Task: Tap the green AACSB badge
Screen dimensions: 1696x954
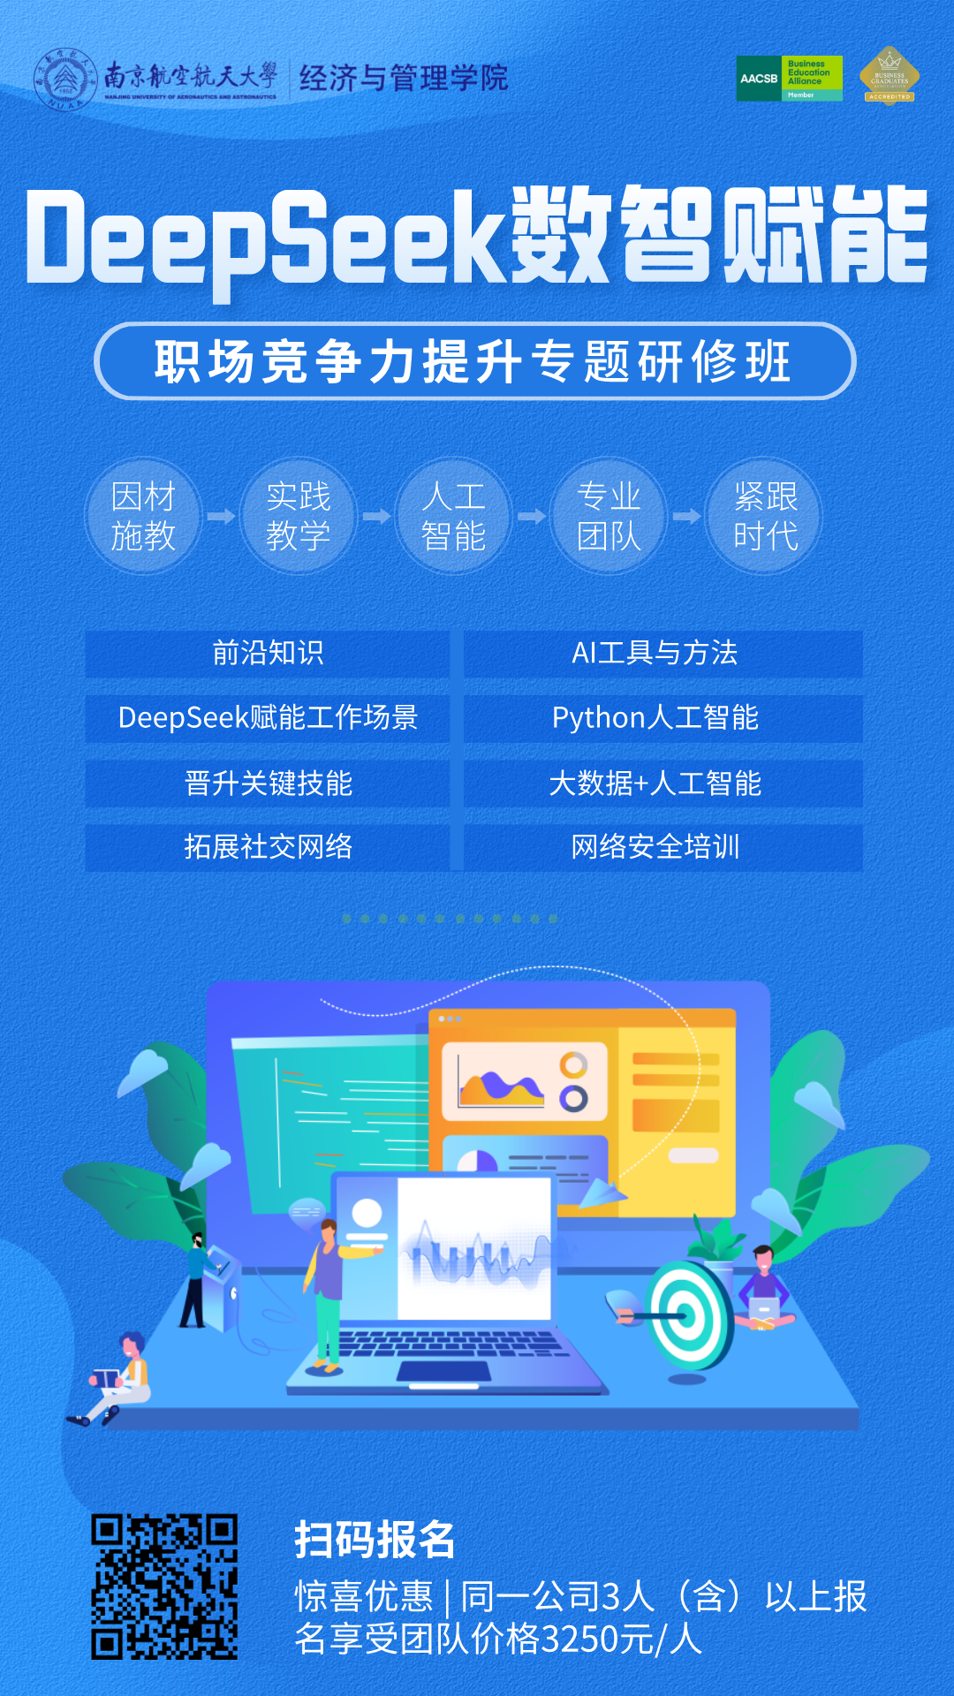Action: [789, 79]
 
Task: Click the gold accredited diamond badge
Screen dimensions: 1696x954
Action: [890, 77]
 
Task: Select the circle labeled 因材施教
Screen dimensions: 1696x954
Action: [143, 517]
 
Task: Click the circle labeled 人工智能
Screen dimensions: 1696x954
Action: [453, 517]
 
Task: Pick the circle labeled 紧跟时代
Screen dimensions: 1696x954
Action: [765, 517]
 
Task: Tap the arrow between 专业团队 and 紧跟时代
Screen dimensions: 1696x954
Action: [686, 516]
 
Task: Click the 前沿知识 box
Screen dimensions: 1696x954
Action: [268, 654]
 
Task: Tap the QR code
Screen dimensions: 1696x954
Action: [164, 1586]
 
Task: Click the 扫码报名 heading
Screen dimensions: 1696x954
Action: [375, 1541]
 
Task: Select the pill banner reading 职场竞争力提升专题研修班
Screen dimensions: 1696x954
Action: [474, 362]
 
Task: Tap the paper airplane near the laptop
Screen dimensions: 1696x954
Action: [602, 1193]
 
